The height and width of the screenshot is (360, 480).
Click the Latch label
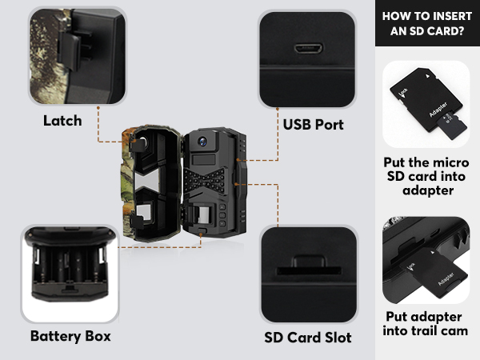point(62,121)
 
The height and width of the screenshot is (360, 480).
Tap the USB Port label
point(313,125)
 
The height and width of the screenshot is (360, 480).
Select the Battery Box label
point(70,335)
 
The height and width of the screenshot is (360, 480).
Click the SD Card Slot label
point(308,337)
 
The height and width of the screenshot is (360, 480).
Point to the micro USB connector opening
point(307,47)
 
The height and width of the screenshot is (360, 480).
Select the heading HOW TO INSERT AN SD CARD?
point(426,22)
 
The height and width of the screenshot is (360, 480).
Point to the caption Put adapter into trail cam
point(426,324)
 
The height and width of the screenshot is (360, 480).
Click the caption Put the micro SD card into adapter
point(426,176)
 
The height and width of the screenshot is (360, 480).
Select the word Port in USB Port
point(329,125)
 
